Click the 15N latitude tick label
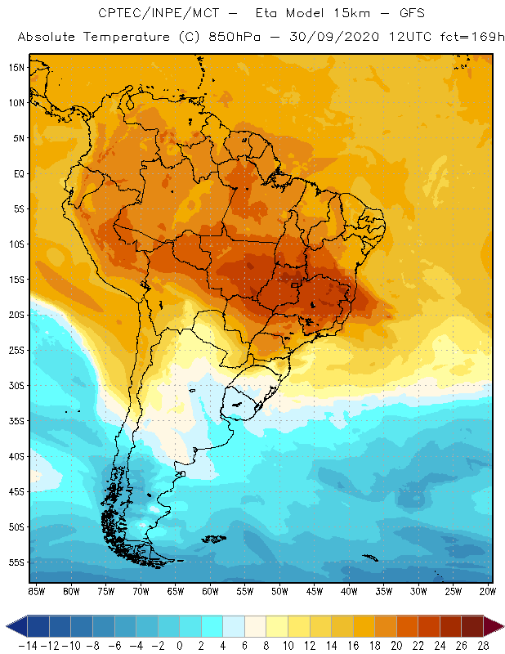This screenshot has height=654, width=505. pyautogui.click(x=16, y=67)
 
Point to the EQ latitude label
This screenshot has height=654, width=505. pyautogui.click(x=17, y=173)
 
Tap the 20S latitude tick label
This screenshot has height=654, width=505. pyautogui.click(x=16, y=315)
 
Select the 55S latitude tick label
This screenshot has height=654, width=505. pyautogui.click(x=16, y=562)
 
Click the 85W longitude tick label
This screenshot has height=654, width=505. pyautogui.click(x=36, y=590)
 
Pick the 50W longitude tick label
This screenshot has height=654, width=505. pyautogui.click(x=279, y=590)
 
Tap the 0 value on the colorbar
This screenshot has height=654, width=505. pyautogui.click(x=179, y=645)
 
